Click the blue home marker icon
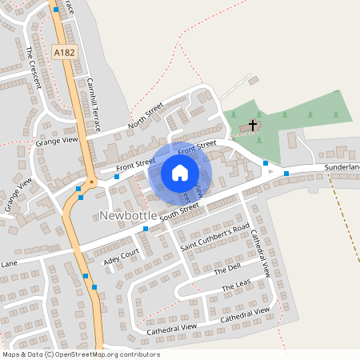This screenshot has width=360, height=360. (x=180, y=173)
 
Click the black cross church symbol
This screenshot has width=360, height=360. (x=254, y=126)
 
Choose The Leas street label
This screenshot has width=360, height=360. (x=237, y=286)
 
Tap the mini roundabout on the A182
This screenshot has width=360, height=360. (x=91, y=182)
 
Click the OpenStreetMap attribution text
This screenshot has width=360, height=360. (x=81, y=354)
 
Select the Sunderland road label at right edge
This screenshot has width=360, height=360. (x=342, y=167)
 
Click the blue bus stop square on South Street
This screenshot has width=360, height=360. (x=146, y=229)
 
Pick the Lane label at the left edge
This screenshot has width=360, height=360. (x=9, y=262)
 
